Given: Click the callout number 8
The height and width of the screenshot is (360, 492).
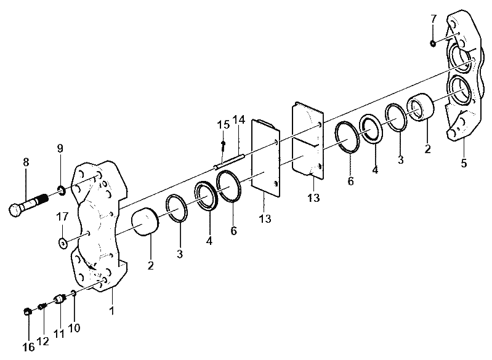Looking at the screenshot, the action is coord(26,162).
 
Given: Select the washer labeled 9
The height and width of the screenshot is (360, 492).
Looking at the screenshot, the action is coord(62,190).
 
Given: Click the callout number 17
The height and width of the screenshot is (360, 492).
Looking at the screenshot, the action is coord(62,217).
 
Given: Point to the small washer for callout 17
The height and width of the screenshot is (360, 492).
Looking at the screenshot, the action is coord(63,242).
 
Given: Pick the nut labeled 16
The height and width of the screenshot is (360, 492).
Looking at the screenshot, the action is coord(28,311).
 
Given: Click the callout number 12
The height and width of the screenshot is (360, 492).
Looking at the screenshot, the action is coord(43,341).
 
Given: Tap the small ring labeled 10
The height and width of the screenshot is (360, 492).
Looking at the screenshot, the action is coord(73,293).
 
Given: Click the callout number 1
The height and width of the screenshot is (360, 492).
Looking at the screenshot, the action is coord(111,311).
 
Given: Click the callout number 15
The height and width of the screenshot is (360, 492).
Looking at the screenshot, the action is coord(224,124).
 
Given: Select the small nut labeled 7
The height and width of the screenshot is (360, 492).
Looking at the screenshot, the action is coord(432,43).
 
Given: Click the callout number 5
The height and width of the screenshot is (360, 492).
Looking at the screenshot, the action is coord(464,163).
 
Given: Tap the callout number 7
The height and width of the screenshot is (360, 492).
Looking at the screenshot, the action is coord(434,19).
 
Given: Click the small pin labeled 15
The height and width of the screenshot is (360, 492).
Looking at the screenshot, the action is coord(223,145).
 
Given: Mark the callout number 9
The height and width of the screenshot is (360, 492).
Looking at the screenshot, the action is coord(60,148).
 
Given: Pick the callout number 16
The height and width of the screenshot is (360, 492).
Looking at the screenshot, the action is coord(28,347).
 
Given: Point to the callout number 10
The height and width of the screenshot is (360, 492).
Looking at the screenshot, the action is coord(74,328).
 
